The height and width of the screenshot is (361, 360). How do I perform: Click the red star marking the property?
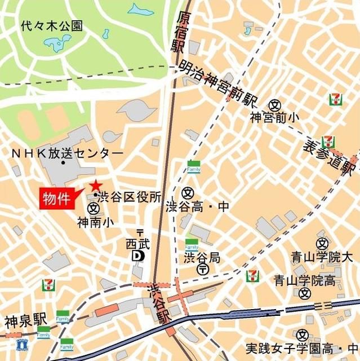click(95, 185)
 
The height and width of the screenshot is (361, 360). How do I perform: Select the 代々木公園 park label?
click(51, 26)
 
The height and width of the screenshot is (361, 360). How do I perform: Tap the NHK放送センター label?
click(67, 153)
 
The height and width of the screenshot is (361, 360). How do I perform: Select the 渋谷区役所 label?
click(130, 197)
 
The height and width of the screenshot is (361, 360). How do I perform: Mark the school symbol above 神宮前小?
click(274, 105)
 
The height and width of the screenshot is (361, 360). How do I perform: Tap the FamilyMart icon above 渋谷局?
click(192, 245)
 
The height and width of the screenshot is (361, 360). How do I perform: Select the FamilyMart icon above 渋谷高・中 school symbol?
click(194, 166)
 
